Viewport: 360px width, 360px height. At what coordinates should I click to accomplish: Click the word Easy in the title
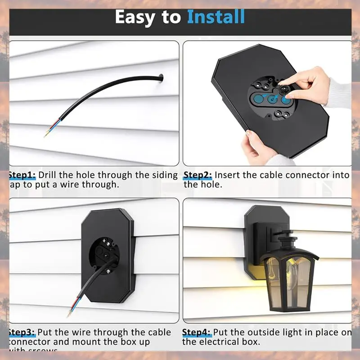tap(138, 17)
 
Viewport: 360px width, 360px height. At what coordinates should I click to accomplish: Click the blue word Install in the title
tap(216, 17)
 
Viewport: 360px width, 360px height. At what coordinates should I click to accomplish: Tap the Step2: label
tap(198, 175)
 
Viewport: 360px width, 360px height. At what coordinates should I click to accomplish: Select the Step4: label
tap(197, 333)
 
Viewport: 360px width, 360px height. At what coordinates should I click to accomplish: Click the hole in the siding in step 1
tap(160, 80)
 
